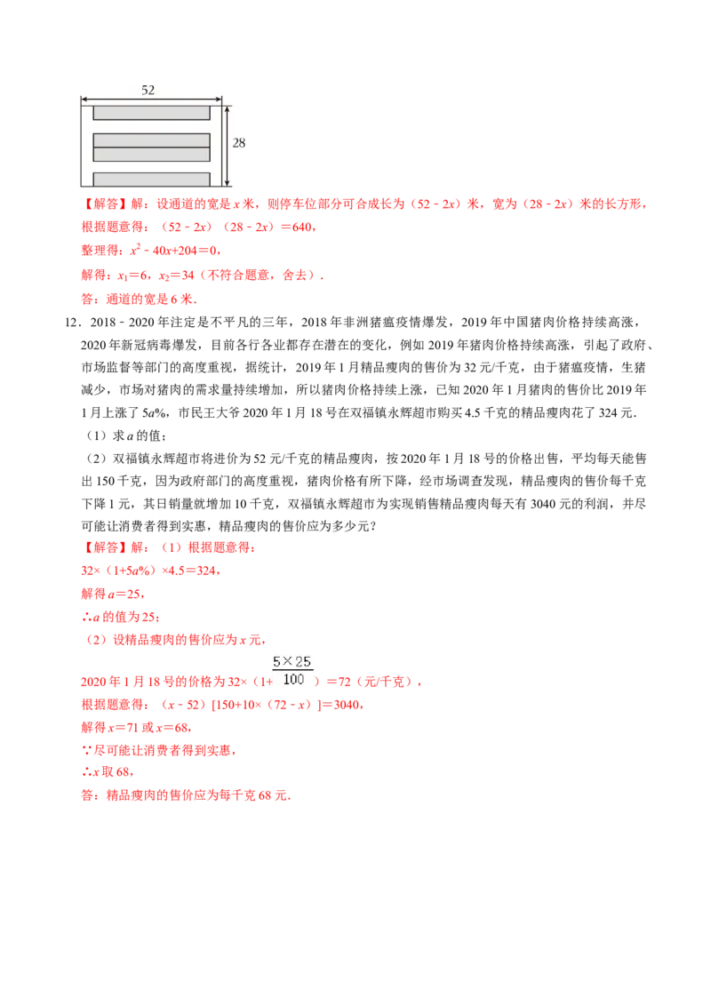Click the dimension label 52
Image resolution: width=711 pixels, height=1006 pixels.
click(148, 90)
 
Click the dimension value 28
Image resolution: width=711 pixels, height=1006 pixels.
click(239, 142)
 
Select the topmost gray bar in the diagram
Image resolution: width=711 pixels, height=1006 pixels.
click(152, 113)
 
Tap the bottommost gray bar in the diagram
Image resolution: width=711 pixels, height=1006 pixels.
click(152, 180)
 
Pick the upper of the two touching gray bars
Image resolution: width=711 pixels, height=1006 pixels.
click(152, 140)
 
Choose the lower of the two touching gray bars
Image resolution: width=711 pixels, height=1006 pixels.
click(152, 155)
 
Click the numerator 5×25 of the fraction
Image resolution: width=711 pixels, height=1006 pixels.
click(292, 661)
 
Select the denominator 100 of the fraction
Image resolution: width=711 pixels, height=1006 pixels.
click(293, 680)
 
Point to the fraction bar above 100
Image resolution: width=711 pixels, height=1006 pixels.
click(293, 671)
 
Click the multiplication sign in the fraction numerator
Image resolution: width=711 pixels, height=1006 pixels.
click(290, 661)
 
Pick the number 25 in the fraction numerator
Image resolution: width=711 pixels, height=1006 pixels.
click(303, 661)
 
